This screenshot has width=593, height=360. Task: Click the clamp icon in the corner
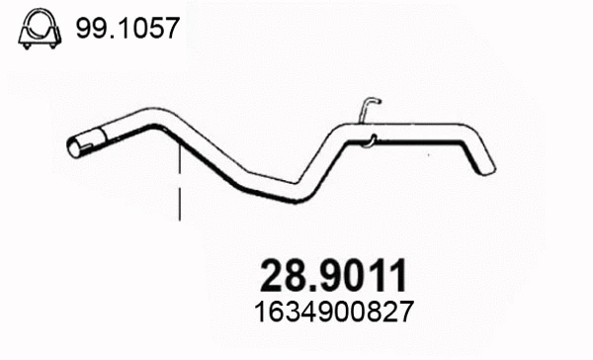pyautogui.click(x=37, y=29)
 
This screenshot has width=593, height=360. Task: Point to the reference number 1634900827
pyautogui.click(x=332, y=311)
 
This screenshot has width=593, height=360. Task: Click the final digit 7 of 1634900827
pyautogui.click(x=402, y=311)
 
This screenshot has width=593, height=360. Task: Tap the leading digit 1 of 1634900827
pyautogui.click(x=261, y=311)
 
